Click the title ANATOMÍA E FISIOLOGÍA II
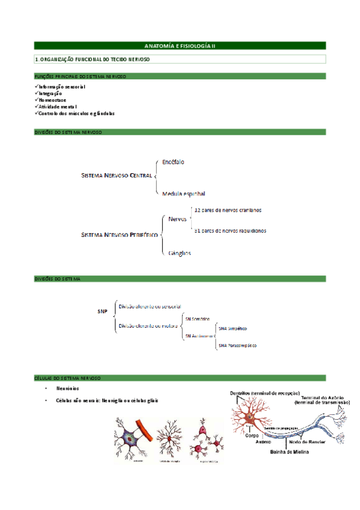coord(180,46)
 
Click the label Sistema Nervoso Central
coord(117,176)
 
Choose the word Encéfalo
coord(174,162)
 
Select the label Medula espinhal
coord(183,194)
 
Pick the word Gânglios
coord(180,253)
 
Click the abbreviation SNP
coord(102,312)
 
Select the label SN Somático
coord(197,318)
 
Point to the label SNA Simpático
coord(233,329)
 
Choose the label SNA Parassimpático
coord(238,346)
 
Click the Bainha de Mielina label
coord(289,452)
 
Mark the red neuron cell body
coord(245,416)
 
